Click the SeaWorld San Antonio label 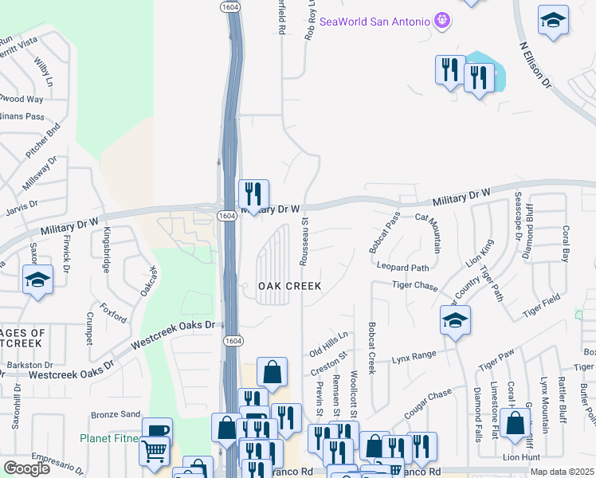pyautogui.click(x=374, y=22)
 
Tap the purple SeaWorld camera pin pyautogui.click(x=443, y=22)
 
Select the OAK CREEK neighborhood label pyautogui.click(x=288, y=286)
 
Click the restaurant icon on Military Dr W pyautogui.click(x=253, y=194)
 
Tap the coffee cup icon pyautogui.click(x=157, y=431)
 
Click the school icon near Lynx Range pyautogui.click(x=455, y=321)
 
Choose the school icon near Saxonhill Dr pyautogui.click(x=37, y=280)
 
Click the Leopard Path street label pyautogui.click(x=403, y=268)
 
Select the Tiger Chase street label pyautogui.click(x=415, y=284)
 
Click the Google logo pyautogui.click(x=26, y=468)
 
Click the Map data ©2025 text pyautogui.click(x=563, y=472)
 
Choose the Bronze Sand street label pyautogui.click(x=116, y=414)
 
